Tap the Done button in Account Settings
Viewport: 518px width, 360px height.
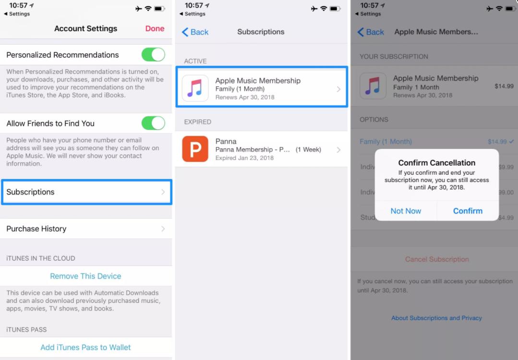(x=155, y=29)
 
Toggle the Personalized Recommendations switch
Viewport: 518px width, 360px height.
(x=153, y=55)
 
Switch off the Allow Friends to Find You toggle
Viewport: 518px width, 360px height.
(x=153, y=123)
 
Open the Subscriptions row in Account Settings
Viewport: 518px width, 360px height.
(x=86, y=192)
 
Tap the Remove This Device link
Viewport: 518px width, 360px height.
(x=85, y=276)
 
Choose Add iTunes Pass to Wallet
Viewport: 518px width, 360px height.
(x=85, y=347)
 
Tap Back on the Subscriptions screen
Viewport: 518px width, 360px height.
(x=195, y=32)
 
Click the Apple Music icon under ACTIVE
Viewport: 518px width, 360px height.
(x=195, y=88)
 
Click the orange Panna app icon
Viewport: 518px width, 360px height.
(x=195, y=149)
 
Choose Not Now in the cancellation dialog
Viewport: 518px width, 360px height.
(x=406, y=211)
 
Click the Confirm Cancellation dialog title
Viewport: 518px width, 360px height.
(x=436, y=163)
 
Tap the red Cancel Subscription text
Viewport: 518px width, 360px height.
(x=436, y=259)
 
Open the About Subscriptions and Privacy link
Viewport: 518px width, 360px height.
(x=436, y=318)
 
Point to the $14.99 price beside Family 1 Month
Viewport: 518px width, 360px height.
(x=504, y=86)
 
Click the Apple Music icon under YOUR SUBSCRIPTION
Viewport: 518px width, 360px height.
(x=373, y=86)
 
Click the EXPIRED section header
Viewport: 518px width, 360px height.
(x=198, y=122)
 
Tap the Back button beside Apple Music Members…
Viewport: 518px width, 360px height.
(x=371, y=32)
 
